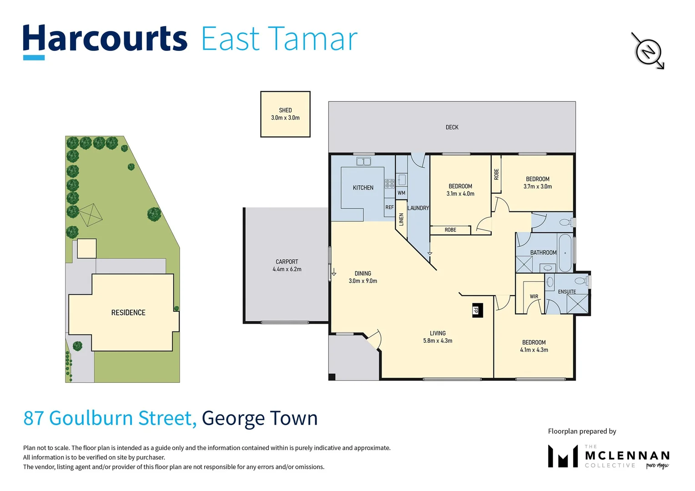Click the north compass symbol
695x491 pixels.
[648, 51]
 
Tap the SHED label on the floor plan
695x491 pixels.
[285, 110]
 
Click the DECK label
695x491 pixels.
[452, 127]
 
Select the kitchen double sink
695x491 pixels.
[363, 161]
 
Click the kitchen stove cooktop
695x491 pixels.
[389, 184]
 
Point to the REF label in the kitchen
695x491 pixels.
[389, 207]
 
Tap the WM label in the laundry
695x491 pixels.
[401, 193]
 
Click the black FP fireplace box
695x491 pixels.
[477, 310]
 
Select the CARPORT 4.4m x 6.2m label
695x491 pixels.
[287, 266]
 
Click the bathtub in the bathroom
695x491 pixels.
[565, 252]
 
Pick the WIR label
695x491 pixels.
[534, 296]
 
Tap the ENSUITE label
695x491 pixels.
[567, 291]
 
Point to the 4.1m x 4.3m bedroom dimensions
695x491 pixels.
[534, 350]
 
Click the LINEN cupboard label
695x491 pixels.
[401, 220]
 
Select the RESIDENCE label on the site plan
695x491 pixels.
[128, 313]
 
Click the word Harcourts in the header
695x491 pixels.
[105, 39]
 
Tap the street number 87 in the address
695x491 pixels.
[34, 418]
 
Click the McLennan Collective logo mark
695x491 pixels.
[563, 456]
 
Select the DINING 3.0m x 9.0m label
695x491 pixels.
[363, 277]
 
